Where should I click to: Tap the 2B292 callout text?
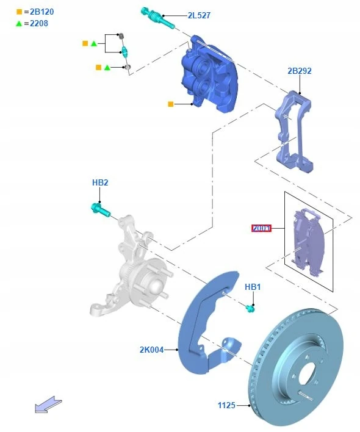point(299,71)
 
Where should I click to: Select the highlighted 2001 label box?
point(261,228)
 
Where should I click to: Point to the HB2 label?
point(100,182)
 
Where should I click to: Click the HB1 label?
point(253,287)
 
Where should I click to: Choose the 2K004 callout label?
point(151,350)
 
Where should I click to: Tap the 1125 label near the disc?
point(227,405)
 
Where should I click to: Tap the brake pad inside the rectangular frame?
point(308,241)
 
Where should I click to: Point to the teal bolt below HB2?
point(100,209)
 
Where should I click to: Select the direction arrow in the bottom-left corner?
point(48,404)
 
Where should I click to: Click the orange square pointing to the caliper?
point(171,104)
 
